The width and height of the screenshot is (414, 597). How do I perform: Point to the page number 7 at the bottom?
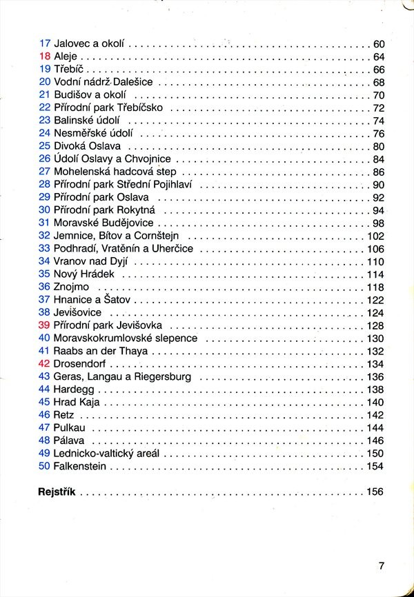point(381,566)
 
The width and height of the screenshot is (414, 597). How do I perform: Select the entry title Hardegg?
point(75,389)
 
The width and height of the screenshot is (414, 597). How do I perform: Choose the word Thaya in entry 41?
point(134,351)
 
